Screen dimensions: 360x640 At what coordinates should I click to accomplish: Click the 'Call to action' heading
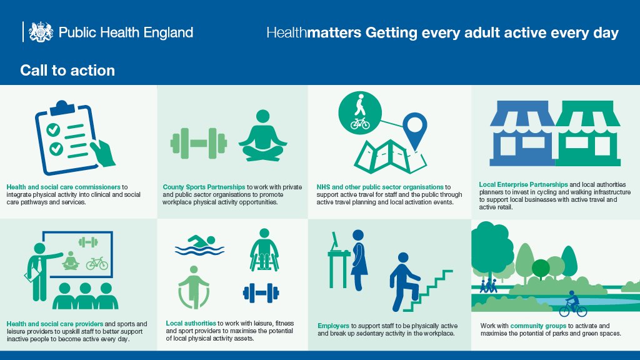click(x=67, y=70)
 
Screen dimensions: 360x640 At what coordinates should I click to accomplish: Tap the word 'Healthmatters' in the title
click(x=314, y=32)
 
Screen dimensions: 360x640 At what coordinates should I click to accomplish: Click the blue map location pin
click(x=413, y=130)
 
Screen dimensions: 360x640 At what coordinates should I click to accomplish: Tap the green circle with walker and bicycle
click(x=359, y=112)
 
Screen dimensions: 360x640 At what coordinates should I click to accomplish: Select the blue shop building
click(x=522, y=134)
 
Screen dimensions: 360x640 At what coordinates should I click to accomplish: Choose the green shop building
click(x=587, y=134)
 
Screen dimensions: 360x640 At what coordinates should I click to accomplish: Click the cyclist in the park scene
click(x=572, y=304)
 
